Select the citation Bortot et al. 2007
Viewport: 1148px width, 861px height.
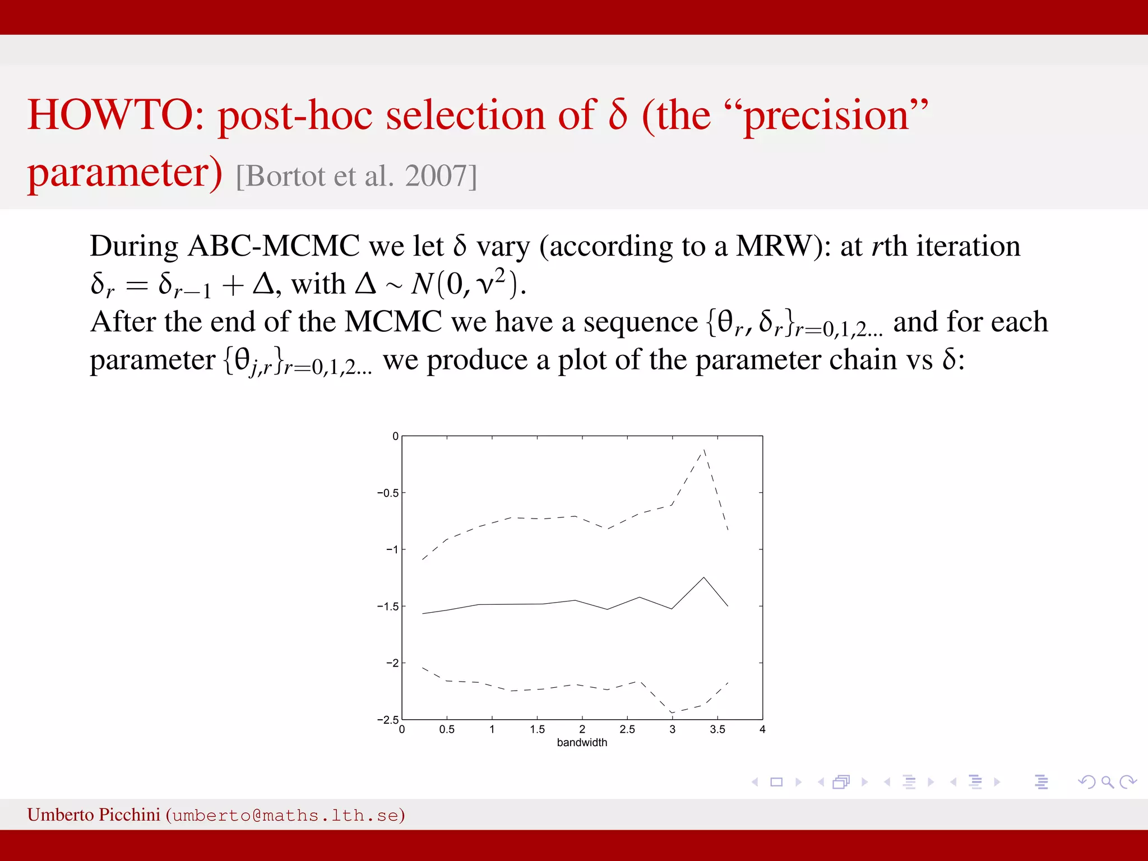[357, 176]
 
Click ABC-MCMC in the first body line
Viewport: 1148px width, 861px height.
[274, 246]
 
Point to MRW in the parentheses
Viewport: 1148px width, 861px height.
[773, 246]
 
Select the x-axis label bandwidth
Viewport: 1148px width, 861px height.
[582, 742]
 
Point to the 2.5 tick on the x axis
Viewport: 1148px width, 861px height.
[627, 729]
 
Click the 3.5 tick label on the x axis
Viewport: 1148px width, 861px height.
[717, 729]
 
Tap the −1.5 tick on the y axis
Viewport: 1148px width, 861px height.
[387, 607]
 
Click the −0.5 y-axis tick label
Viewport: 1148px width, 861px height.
[387, 493]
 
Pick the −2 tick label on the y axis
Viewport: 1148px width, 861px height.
[392, 663]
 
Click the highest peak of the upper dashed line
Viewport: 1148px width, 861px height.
[704, 449]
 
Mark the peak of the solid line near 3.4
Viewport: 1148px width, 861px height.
[704, 577]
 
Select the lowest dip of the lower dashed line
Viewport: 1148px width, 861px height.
[672, 712]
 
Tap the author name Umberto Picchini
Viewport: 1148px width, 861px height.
[94, 814]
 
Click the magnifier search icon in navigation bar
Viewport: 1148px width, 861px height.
[1107, 782]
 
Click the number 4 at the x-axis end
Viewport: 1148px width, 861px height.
[762, 729]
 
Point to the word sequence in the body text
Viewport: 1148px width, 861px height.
[640, 322]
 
